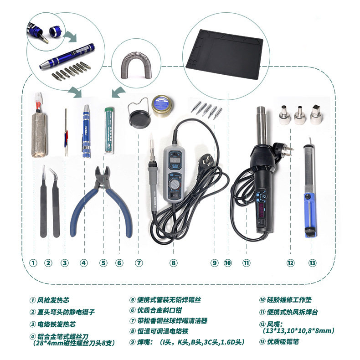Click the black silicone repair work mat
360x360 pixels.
coord(224,55)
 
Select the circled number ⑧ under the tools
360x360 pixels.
coord(174,263)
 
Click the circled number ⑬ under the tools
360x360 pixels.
coord(312,263)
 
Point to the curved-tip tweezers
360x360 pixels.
coord(56,202)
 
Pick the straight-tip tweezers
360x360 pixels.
coord(43,202)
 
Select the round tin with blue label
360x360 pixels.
coord(163,105)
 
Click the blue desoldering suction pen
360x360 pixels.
coord(310,188)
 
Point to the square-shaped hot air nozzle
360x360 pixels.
coord(317,114)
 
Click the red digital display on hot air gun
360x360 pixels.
coord(261,211)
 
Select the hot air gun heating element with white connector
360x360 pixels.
coord(39,125)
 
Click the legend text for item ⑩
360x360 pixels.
coord(286,299)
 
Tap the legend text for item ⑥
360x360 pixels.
coord(156,310)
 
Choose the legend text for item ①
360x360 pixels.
coord(49,300)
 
